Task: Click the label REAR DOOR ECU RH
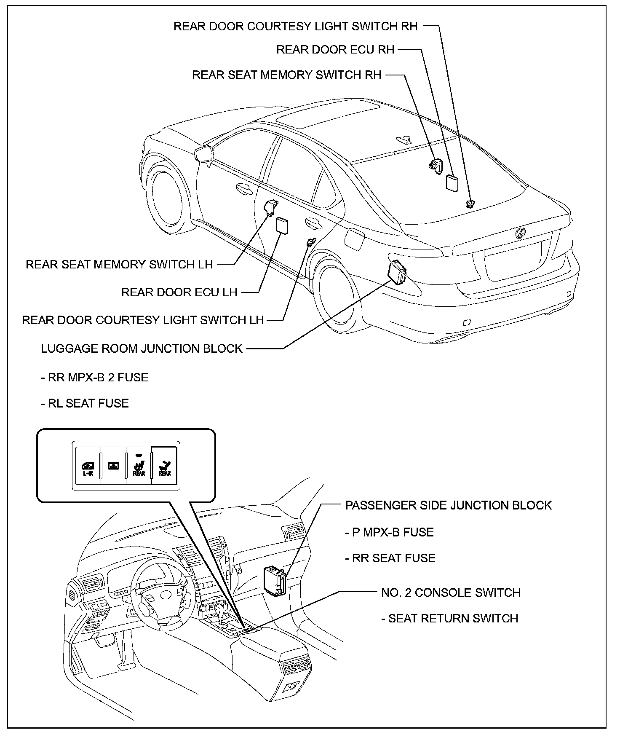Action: [x=335, y=50]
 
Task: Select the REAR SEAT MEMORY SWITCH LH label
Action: [x=119, y=264]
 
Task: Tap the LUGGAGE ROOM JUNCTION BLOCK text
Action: [x=142, y=349]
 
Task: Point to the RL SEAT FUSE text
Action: [x=85, y=403]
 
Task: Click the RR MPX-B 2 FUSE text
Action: [x=94, y=377]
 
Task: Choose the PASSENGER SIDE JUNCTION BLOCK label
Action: [x=448, y=505]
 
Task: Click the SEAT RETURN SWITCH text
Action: [x=449, y=618]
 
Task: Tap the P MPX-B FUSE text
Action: [x=389, y=532]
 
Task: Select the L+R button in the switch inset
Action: [x=88, y=468]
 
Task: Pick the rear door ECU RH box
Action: [x=452, y=183]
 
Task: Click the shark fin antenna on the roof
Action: [x=405, y=140]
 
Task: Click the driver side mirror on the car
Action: [x=205, y=154]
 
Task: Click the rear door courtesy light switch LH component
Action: [x=310, y=242]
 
